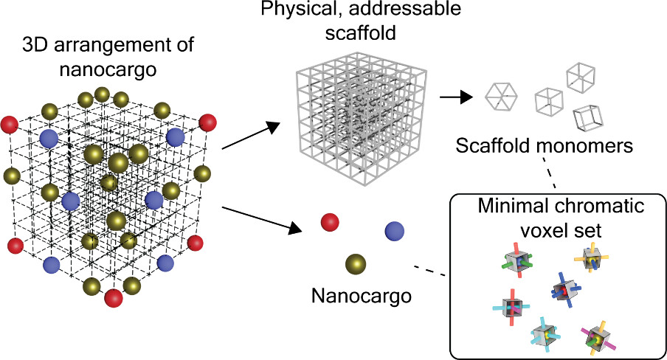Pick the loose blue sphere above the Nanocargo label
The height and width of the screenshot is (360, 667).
coord(395,232)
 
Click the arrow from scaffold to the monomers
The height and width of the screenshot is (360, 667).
coord(455,96)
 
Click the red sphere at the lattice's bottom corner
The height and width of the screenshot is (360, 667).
coord(114,297)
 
